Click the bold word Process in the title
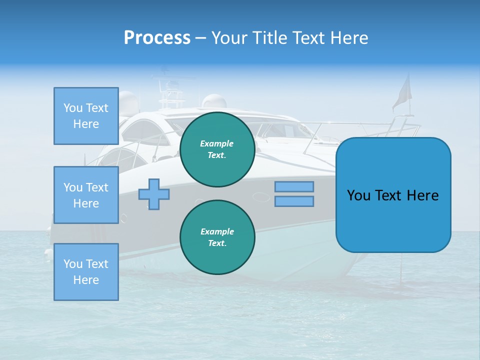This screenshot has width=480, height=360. point(157,38)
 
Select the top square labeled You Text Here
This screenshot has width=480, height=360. point(86,116)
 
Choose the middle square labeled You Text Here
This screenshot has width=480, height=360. point(86,195)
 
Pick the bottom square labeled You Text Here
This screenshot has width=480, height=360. point(86,272)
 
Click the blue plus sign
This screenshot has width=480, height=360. point(154,194)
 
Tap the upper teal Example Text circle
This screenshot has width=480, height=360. point(217,149)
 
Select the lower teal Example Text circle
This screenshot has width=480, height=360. point(217,237)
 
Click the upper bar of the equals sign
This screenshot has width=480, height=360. point(294,186)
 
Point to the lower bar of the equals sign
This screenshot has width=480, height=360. point(294,201)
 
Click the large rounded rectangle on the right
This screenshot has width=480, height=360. point(393,195)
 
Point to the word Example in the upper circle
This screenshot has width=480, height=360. point(217,143)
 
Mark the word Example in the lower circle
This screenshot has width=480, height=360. point(217,231)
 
